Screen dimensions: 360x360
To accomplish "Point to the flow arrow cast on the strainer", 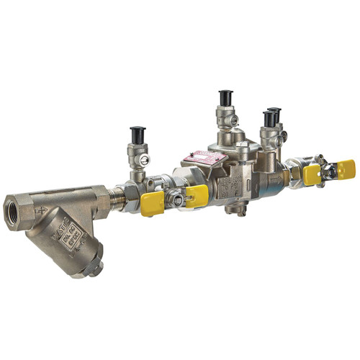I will click(45, 212).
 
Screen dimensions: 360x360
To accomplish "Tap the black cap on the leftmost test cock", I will click(138, 135).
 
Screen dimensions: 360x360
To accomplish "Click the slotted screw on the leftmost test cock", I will click(145, 161).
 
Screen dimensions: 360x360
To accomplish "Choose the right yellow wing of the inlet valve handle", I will click(197, 194).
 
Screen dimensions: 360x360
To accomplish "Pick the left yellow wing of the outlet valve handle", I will click(312, 175).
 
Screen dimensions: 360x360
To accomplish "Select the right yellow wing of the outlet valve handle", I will click(346, 168).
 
